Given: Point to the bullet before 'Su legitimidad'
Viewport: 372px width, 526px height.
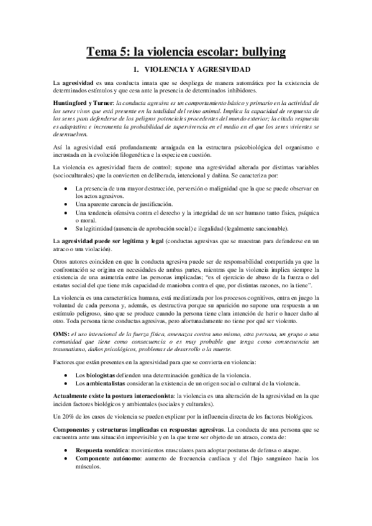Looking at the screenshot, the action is coord(66,228).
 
